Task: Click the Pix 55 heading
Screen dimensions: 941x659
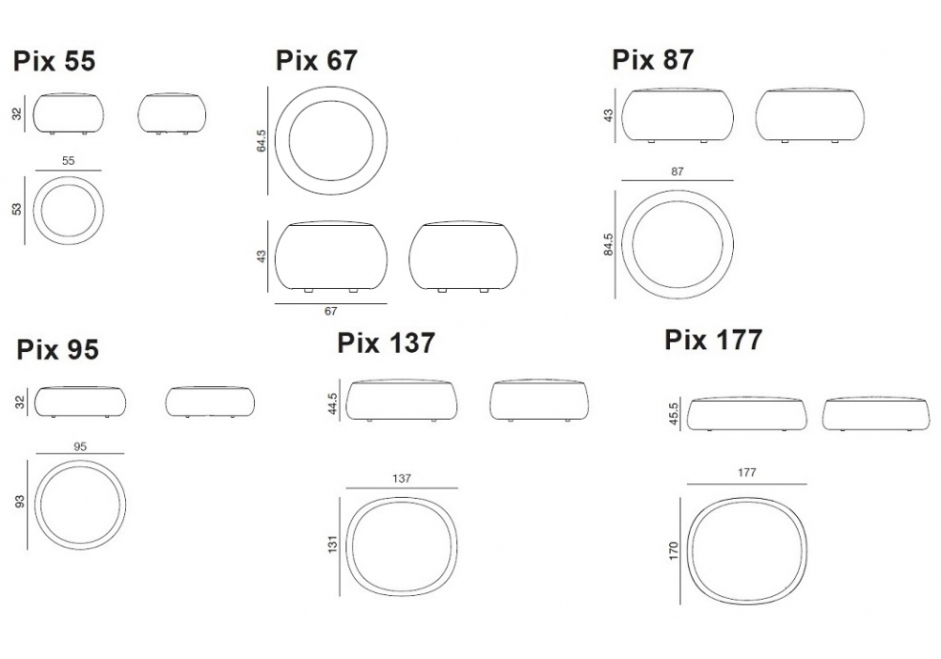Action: point(55,61)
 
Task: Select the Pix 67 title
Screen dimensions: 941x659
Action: point(316,60)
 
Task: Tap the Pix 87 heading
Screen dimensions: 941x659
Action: point(652,60)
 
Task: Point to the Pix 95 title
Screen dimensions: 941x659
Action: point(57,350)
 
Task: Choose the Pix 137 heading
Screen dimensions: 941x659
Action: point(386,344)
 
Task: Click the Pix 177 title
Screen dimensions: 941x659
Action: point(713,340)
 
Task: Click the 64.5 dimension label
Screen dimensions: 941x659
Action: point(261,140)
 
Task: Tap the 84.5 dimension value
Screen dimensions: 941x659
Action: point(609,245)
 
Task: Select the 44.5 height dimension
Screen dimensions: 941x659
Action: point(333,404)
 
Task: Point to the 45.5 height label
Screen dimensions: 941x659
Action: point(674,414)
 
